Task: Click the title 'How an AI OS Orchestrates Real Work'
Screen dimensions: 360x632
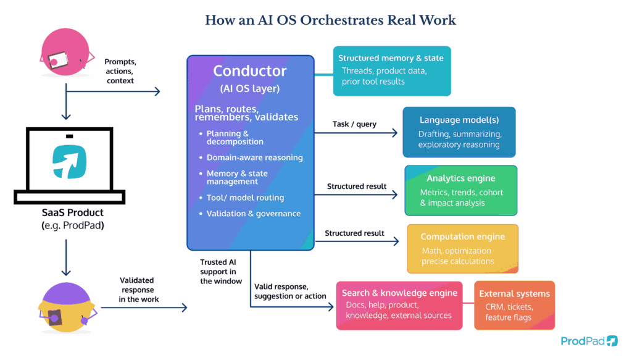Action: [330, 20]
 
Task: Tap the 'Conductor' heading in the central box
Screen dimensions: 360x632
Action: [250, 70]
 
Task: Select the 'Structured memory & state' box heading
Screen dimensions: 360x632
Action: [391, 58]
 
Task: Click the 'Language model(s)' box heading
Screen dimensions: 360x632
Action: [459, 120]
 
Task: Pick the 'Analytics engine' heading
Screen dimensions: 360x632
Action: [460, 178]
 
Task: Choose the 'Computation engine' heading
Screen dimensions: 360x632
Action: [462, 237]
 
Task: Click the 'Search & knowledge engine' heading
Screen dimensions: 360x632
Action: [399, 293]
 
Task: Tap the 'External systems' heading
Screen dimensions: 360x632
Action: [514, 293]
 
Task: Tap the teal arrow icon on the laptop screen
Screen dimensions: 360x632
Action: [69, 162]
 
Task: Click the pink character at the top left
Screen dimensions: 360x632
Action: [63, 55]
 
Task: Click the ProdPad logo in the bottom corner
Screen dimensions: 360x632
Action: [589, 341]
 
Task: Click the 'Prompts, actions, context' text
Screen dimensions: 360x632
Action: [120, 71]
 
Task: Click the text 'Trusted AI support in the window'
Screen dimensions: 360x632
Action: [218, 272]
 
